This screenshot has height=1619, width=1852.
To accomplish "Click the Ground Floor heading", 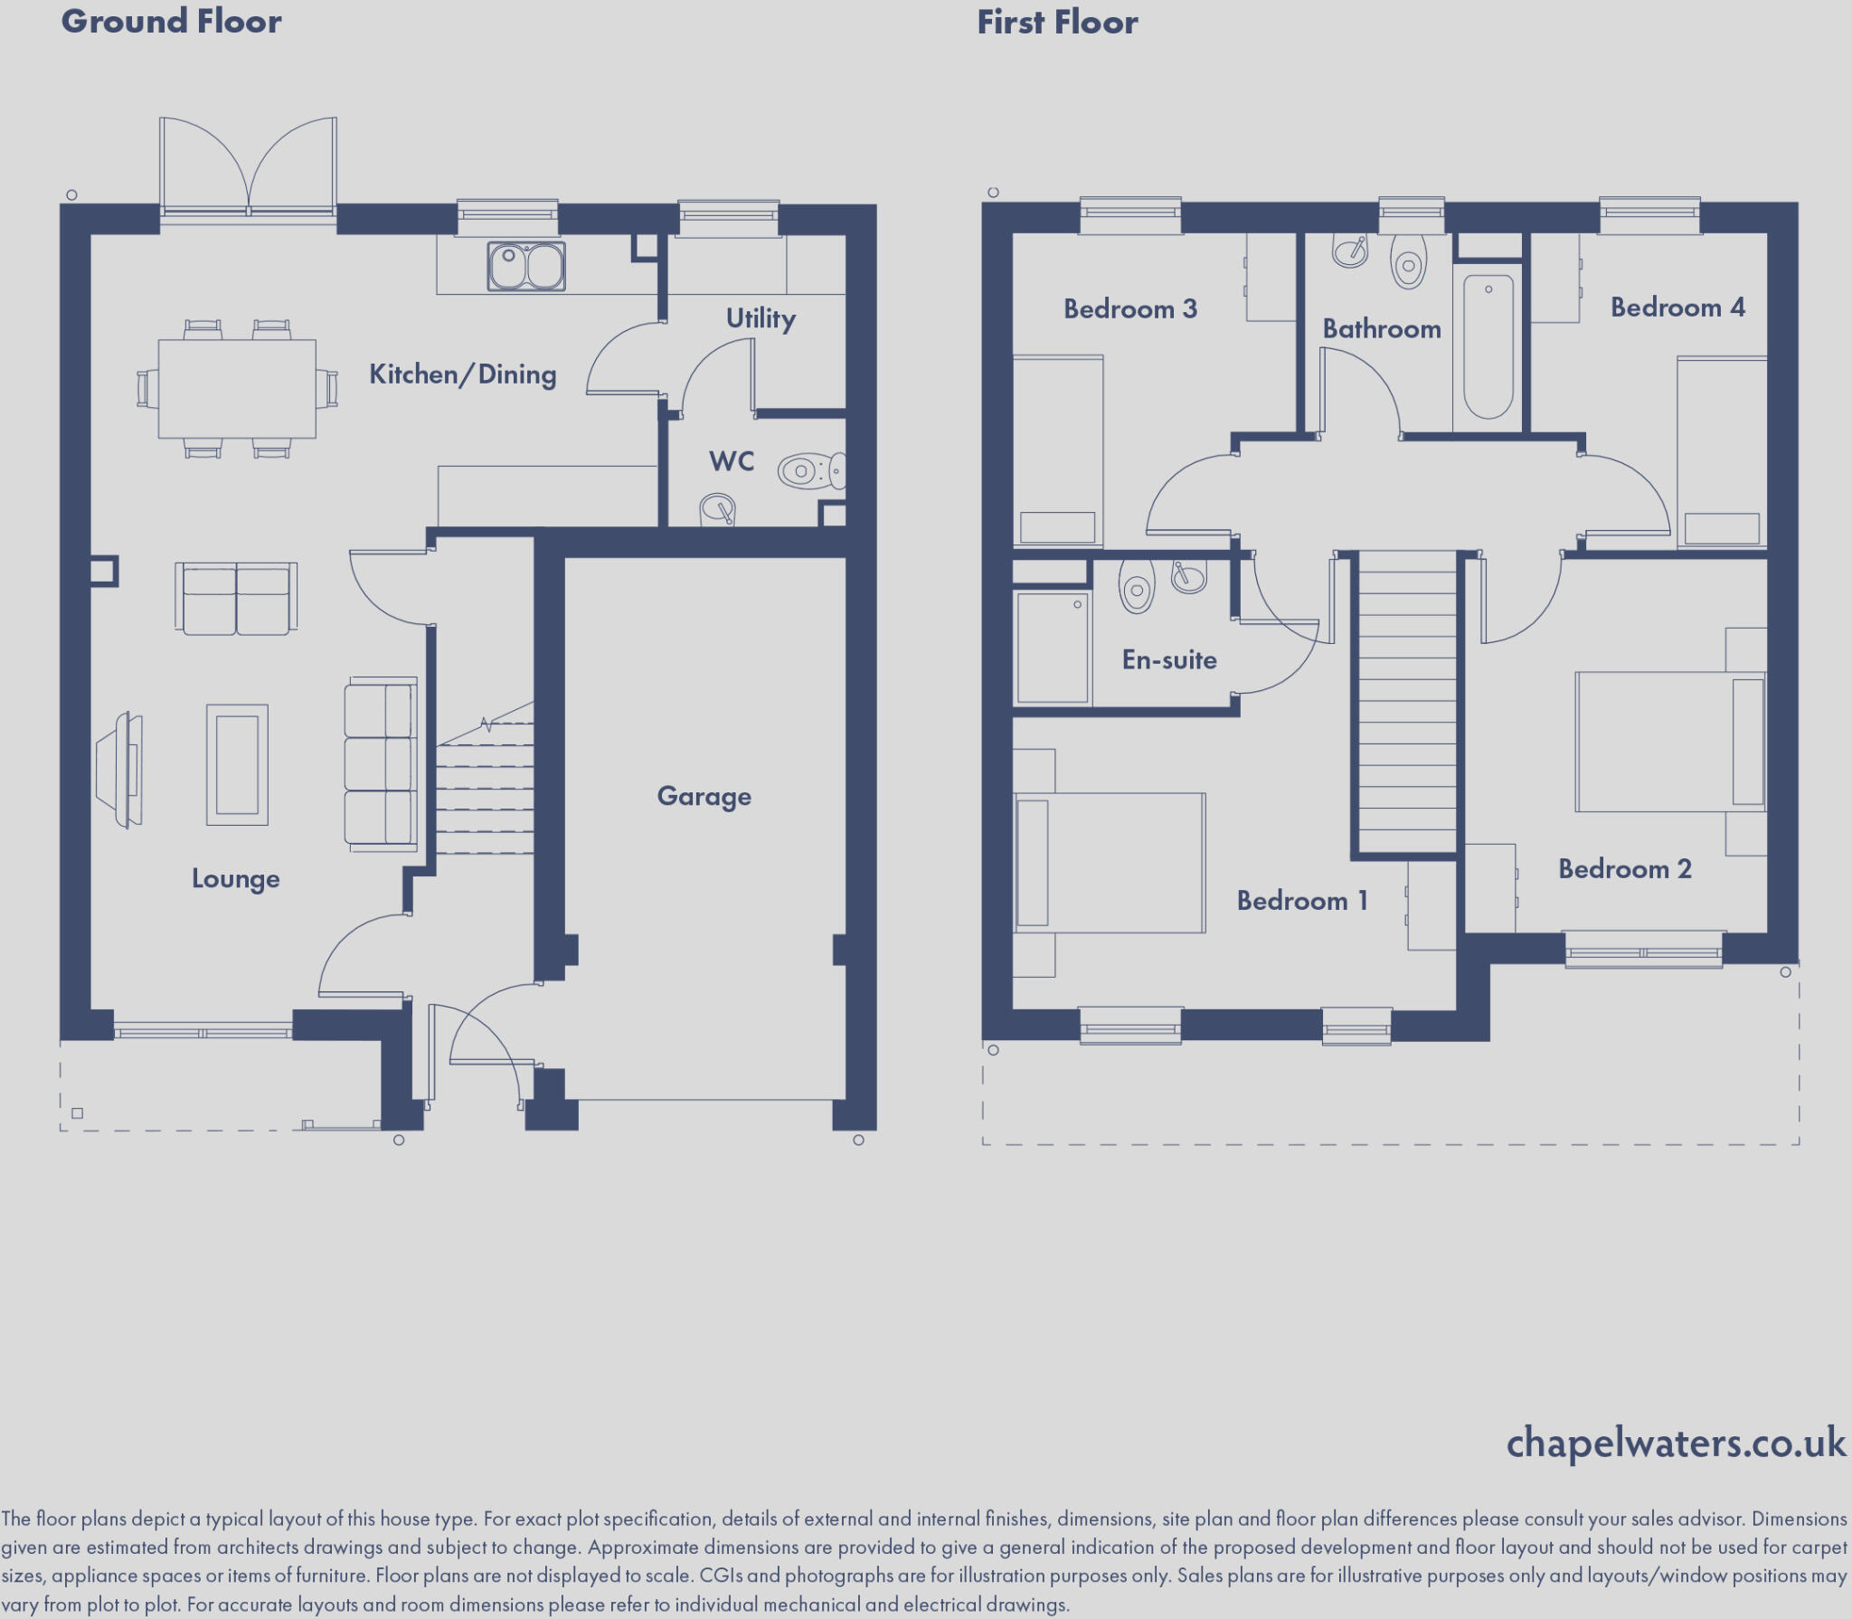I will click(171, 21).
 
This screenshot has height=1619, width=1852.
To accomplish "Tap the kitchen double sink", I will click(526, 266).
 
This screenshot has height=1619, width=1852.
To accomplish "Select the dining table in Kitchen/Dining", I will click(237, 389).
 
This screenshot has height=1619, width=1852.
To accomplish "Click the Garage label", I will click(704, 796).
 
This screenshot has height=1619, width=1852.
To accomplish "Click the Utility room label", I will click(761, 318).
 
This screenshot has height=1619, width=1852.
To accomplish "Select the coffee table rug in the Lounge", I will click(237, 765).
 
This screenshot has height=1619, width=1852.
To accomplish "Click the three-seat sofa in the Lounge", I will click(381, 764).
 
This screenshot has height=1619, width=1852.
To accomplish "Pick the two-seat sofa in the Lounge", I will click(236, 600).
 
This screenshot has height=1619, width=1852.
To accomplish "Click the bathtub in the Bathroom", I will click(1488, 347).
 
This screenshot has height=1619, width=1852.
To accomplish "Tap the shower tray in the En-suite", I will click(1052, 647).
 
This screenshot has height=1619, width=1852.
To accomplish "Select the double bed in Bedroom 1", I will click(1110, 862).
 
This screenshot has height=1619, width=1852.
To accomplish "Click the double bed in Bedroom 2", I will click(1669, 742).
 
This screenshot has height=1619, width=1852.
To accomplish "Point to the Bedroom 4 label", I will click(1677, 308).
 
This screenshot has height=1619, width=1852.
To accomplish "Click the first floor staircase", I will click(1406, 705).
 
